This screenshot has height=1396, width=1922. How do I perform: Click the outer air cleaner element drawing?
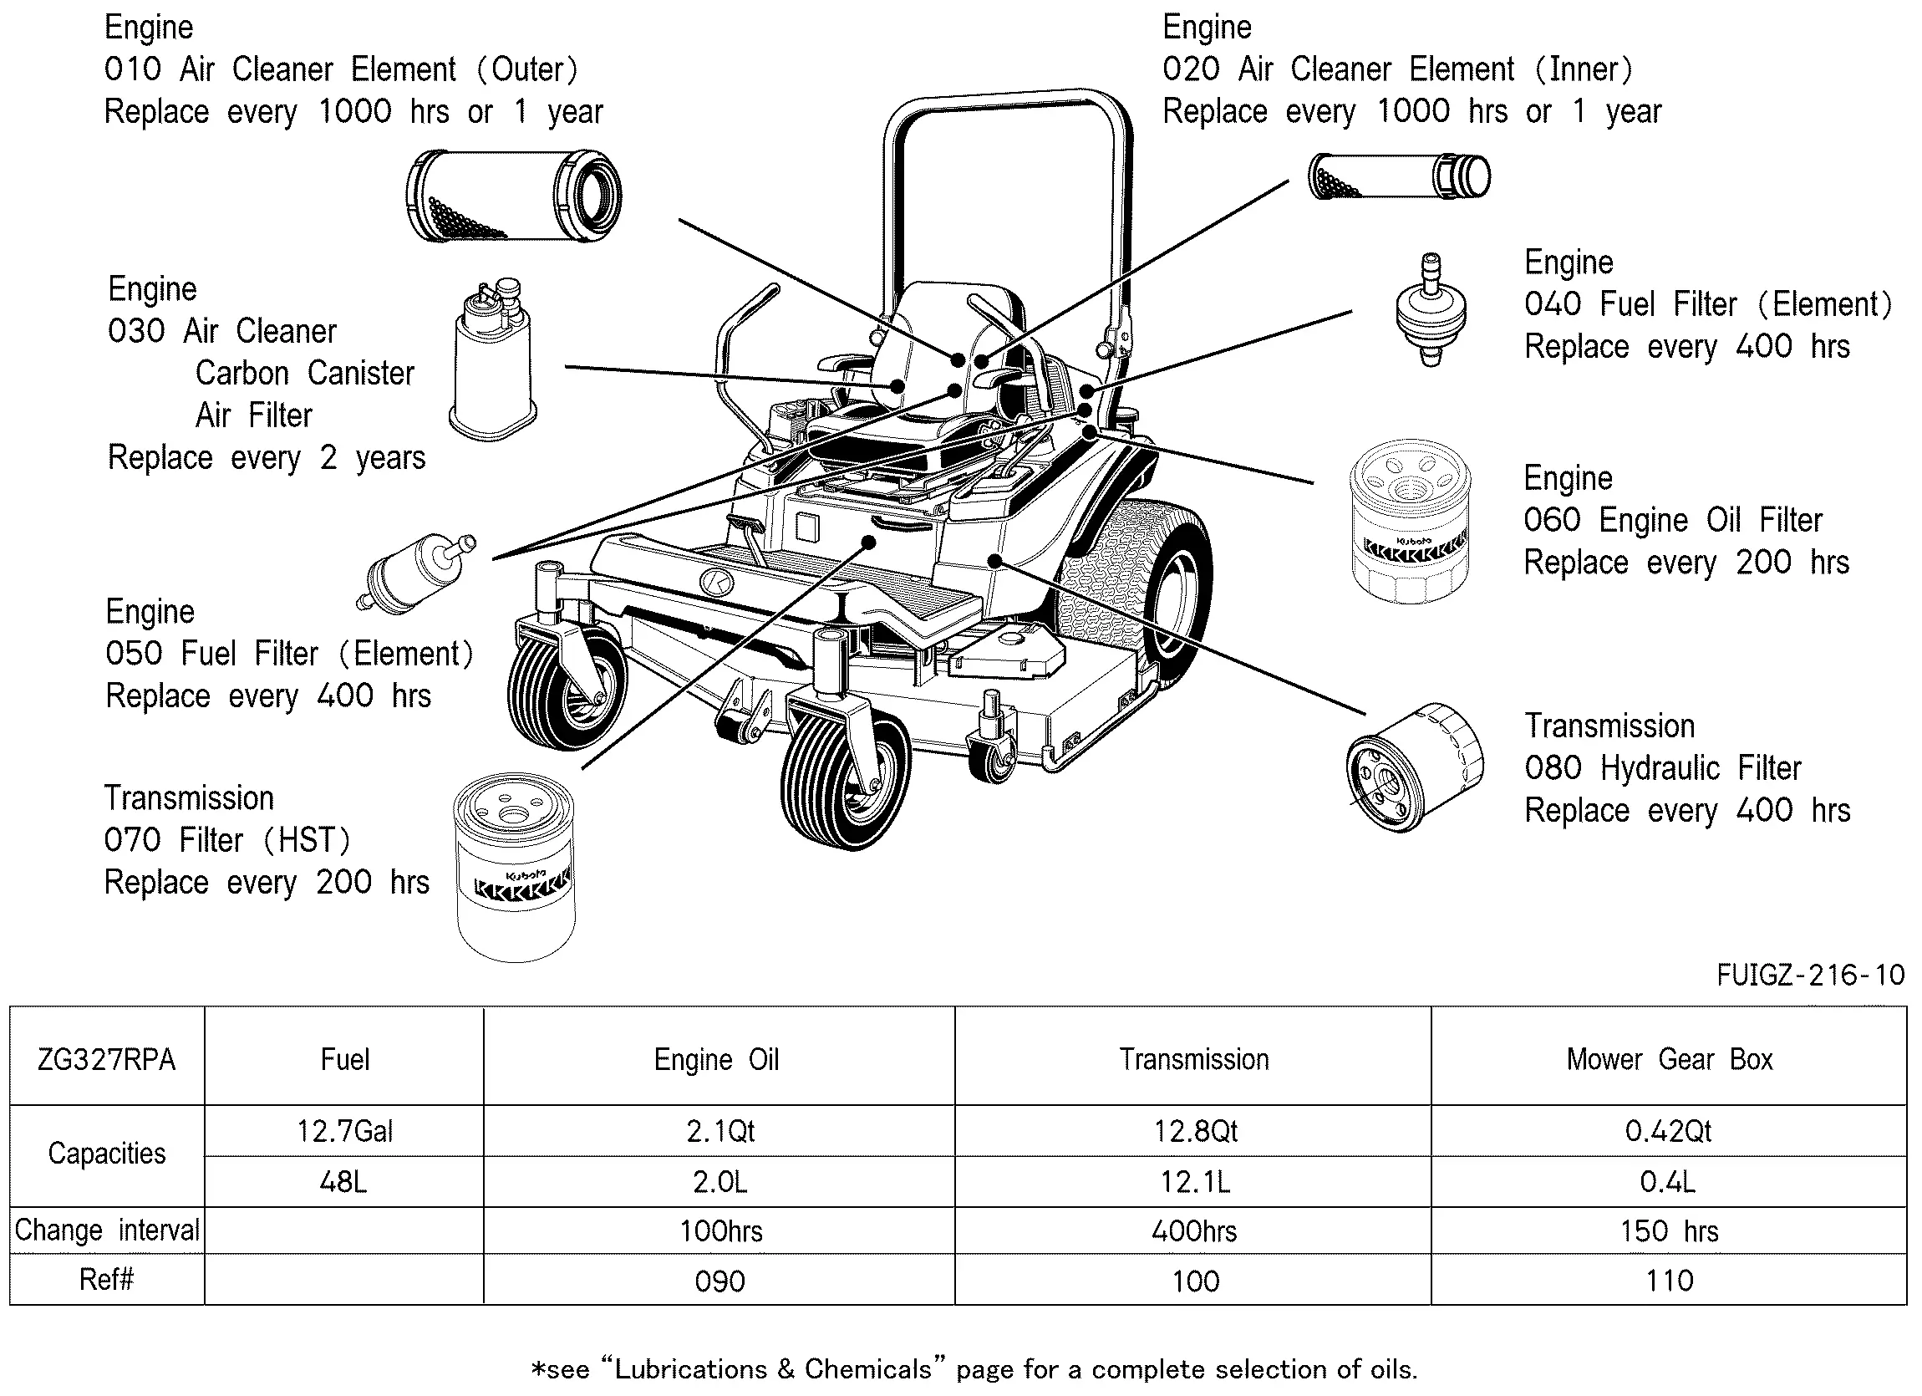click(x=514, y=196)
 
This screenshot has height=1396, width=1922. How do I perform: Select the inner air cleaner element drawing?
click(x=1398, y=176)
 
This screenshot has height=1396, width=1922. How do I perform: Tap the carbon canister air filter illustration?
click(x=492, y=360)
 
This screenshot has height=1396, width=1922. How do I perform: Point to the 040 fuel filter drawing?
click(x=1431, y=309)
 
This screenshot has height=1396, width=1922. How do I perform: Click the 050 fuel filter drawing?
click(x=415, y=573)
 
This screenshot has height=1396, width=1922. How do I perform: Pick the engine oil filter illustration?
click(x=1409, y=522)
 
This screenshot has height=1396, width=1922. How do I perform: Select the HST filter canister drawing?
click(x=515, y=866)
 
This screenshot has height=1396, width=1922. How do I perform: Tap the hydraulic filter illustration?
click(x=1415, y=767)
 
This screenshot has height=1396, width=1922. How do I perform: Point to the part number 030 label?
click(x=135, y=331)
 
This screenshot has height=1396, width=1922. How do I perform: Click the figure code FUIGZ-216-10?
click(x=1810, y=976)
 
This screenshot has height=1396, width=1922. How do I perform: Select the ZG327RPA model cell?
click(x=107, y=1059)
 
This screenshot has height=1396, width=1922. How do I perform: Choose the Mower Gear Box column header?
click(x=1669, y=1059)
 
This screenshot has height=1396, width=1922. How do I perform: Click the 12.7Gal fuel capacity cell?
click(x=344, y=1132)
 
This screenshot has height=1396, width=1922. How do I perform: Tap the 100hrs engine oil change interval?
click(x=720, y=1231)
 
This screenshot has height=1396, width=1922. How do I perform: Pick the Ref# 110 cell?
click(x=1669, y=1281)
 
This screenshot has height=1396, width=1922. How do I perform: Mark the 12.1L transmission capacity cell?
click(x=1194, y=1182)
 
